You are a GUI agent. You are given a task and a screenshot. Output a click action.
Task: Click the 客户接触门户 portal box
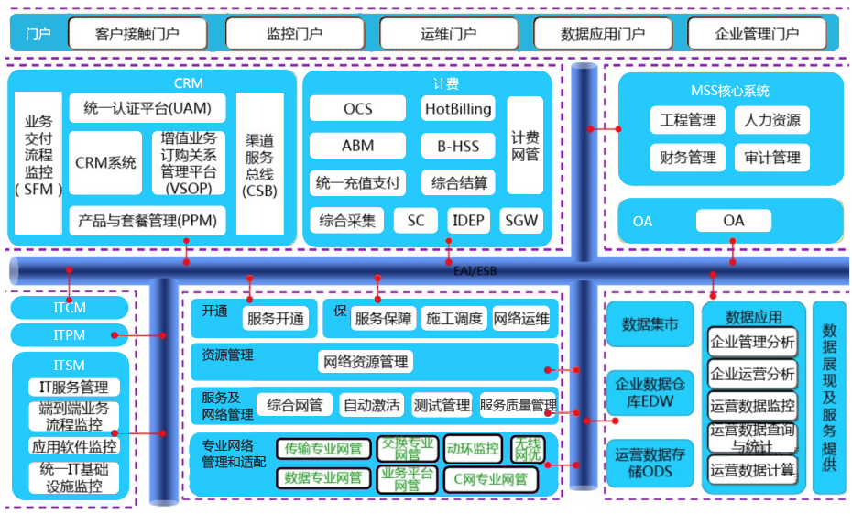[137, 35]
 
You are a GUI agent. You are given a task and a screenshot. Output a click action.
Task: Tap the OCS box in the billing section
[357, 109]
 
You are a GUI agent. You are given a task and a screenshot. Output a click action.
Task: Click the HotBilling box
[458, 109]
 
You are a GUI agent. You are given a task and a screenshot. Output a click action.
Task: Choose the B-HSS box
[458, 146]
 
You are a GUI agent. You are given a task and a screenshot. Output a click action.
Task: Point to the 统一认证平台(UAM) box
[147, 108]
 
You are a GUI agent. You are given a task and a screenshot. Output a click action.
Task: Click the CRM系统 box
[105, 162]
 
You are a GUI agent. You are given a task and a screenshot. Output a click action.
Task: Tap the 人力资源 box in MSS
[771, 120]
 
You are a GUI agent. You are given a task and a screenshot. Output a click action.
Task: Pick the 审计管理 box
[771, 158]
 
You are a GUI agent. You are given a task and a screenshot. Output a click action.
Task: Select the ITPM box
[70, 335]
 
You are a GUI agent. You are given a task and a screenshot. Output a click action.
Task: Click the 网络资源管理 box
[365, 362]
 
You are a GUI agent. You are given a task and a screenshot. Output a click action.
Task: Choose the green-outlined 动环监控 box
[473, 448]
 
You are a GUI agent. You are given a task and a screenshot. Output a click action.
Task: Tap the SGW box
[521, 221]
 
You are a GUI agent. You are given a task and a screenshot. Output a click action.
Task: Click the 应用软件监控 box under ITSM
[73, 446]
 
